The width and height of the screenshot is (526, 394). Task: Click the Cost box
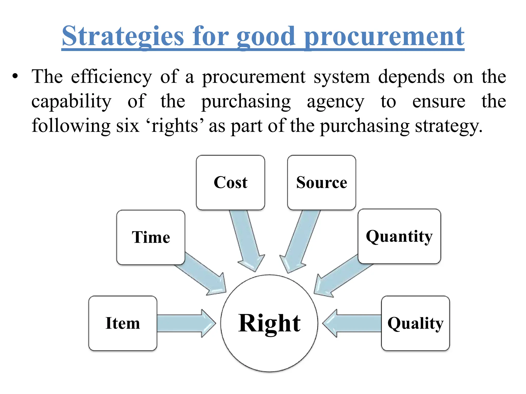pyautogui.click(x=230, y=182)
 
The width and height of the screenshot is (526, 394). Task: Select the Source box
pyautogui.click(x=322, y=182)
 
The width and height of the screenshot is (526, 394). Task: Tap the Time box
pyautogui.click(x=151, y=237)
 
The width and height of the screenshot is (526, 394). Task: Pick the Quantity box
pyautogui.click(x=399, y=236)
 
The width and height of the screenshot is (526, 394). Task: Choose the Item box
pyautogui.click(x=123, y=323)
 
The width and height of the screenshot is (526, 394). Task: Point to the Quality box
pyautogui.click(x=415, y=323)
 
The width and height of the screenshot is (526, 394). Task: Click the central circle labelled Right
pyautogui.click(x=269, y=323)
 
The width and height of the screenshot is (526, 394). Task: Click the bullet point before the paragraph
pyautogui.click(x=15, y=76)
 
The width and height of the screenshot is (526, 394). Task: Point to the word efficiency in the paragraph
pyautogui.click(x=111, y=77)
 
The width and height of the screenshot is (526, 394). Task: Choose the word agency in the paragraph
pyautogui.click(x=335, y=101)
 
